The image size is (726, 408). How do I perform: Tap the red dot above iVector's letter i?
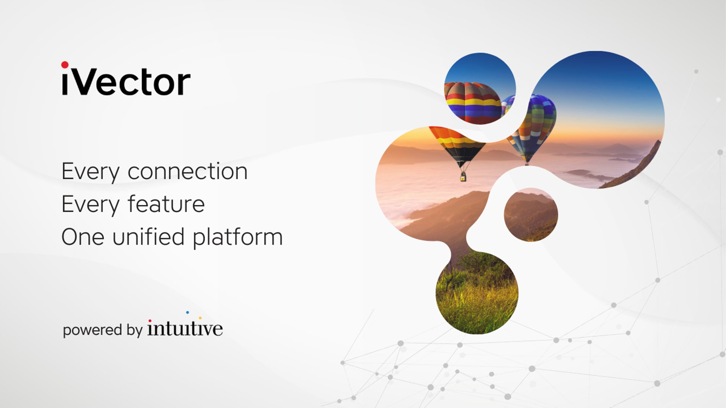[x=65, y=65]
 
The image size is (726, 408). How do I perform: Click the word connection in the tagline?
[x=188, y=171]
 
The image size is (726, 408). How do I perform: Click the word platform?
[x=238, y=238]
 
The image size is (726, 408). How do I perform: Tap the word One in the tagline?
[x=83, y=237]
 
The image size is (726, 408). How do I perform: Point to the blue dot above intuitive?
[x=188, y=312]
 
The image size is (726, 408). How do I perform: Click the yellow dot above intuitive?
[x=200, y=318]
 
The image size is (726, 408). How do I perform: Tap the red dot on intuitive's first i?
[x=150, y=321]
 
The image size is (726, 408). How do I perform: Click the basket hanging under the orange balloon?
[x=463, y=177]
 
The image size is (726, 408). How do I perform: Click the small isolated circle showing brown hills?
[x=531, y=215]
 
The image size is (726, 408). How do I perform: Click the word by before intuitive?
[x=135, y=330]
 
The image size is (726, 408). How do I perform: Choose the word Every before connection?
[x=90, y=172]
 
